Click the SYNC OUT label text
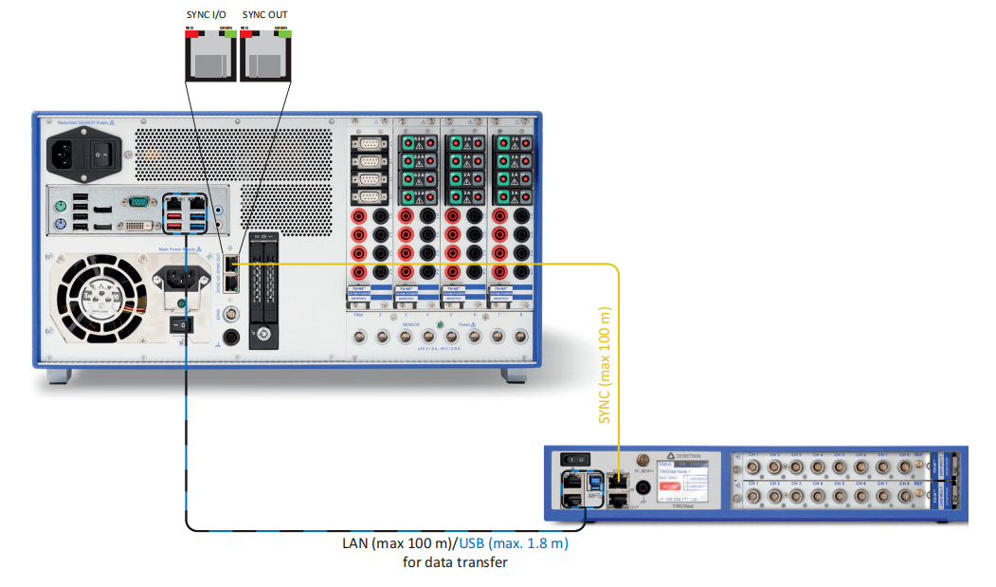coord(266,15)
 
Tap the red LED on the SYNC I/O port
coord(190,30)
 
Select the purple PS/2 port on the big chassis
coord(60,224)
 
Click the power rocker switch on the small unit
coord(571,459)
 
